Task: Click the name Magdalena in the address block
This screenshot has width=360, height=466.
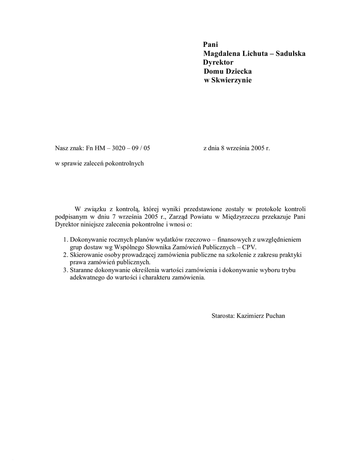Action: [x=221, y=54]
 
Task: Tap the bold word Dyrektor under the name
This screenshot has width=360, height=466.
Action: [x=218, y=62]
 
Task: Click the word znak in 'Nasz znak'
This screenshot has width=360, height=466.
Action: [x=76, y=148]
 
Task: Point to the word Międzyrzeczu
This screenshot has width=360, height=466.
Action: [x=239, y=217]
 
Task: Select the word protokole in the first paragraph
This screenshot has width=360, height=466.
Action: [x=267, y=209]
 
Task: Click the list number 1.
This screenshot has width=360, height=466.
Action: [x=65, y=239]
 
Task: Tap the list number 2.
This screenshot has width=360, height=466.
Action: [x=65, y=255]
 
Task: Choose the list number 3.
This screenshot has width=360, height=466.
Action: [x=65, y=270]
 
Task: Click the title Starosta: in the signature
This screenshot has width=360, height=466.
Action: [x=223, y=315]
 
